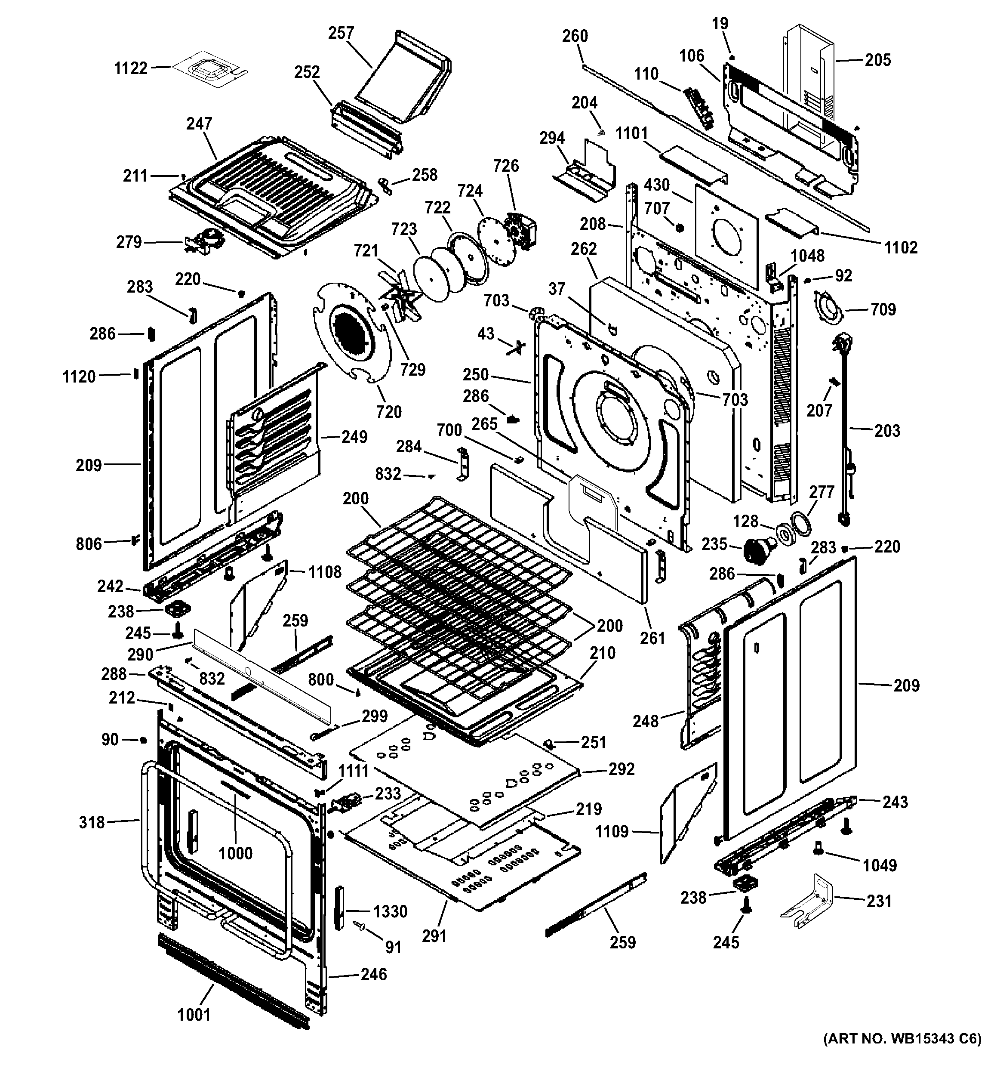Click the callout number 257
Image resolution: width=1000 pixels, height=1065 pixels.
coord(341,33)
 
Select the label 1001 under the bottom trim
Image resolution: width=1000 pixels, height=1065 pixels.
coord(194,1014)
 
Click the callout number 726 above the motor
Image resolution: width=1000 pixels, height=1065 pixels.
coord(505,166)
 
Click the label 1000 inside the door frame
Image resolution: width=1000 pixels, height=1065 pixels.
coord(236,853)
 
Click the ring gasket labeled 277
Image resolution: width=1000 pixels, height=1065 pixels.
coord(800,522)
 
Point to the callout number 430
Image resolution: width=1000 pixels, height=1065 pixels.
coord(656,185)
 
